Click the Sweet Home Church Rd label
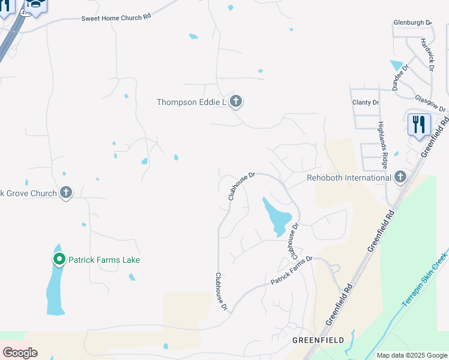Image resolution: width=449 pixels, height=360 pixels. (x=116, y=19)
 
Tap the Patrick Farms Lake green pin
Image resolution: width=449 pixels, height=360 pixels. (x=59, y=260)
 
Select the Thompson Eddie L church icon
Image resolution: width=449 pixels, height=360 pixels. (x=236, y=101)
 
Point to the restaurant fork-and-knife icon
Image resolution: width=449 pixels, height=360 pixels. (x=418, y=125)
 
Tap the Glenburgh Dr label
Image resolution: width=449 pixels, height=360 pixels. (x=413, y=22)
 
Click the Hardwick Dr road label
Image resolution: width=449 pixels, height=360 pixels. (x=427, y=52)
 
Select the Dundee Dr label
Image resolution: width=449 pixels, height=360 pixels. (x=400, y=77)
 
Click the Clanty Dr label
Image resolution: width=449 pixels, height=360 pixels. (x=366, y=103)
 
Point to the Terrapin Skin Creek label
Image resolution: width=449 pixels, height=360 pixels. (x=425, y=277)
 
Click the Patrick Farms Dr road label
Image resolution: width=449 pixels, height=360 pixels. (x=292, y=271)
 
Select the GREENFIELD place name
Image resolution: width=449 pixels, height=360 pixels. (x=318, y=340)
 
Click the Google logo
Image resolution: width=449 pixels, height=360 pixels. (x=20, y=353)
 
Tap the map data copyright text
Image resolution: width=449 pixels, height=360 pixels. (x=411, y=355)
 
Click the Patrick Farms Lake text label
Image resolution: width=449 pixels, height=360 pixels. (x=104, y=260)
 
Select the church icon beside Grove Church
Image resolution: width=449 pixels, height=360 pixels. (x=66, y=193)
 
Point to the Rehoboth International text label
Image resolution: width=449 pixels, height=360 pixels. (x=349, y=178)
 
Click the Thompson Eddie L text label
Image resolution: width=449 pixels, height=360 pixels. (x=191, y=102)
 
